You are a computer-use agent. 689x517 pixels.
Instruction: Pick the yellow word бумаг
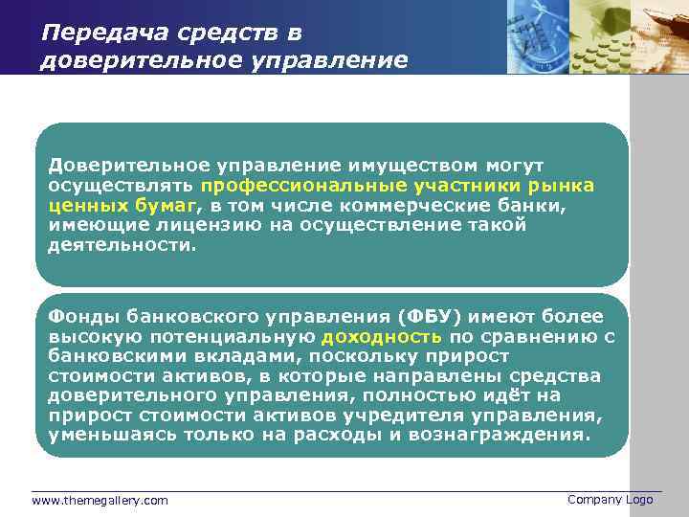tap(168, 205)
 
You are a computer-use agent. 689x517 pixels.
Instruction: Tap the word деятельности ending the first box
tap(120, 244)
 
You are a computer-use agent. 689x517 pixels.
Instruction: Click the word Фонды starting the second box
tap(77, 317)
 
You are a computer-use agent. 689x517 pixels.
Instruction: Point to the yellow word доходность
tap(381, 337)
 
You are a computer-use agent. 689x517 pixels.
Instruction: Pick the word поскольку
tap(359, 356)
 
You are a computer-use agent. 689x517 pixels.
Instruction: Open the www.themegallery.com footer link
tap(100, 501)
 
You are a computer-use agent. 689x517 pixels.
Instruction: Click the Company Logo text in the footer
tap(610, 500)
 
